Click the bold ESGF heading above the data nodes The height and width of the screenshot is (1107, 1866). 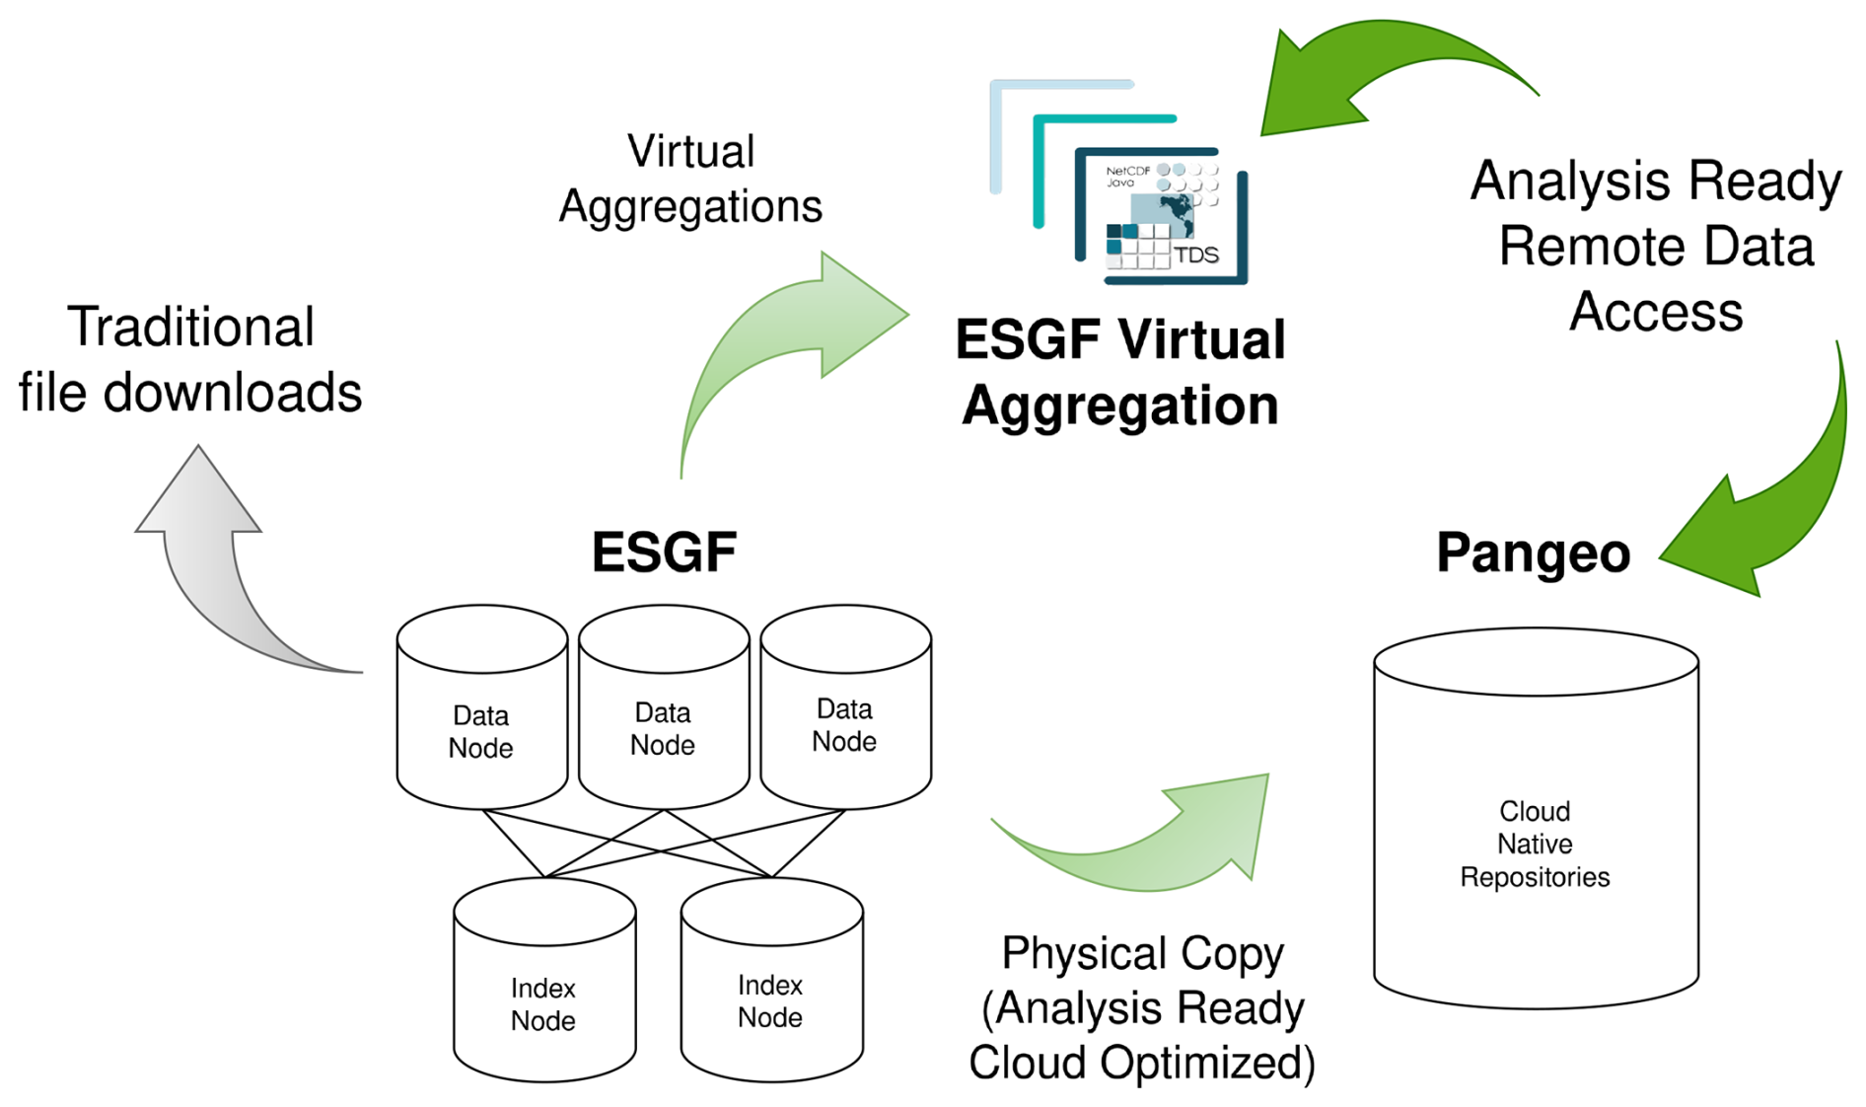point(664,552)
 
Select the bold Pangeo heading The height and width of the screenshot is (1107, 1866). point(1533,553)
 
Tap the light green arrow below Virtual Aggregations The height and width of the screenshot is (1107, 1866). point(779,345)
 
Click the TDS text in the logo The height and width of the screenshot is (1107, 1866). point(1196,255)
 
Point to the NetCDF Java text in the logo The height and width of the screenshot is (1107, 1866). point(1127,177)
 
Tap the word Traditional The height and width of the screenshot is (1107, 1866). point(190,328)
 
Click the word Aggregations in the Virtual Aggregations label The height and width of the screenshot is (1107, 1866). point(690,206)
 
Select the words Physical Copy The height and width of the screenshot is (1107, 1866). point(1142,953)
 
